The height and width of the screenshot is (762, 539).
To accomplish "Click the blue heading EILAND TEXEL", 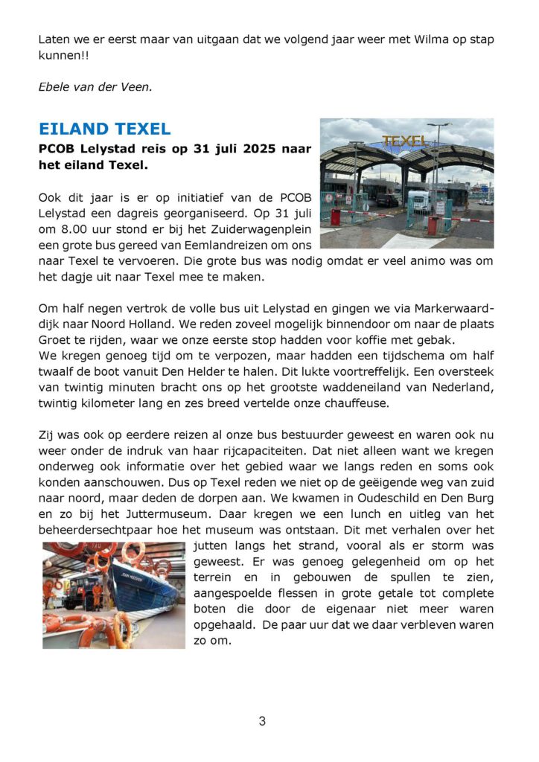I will [105, 129].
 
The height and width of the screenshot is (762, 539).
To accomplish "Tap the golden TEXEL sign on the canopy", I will [406, 141].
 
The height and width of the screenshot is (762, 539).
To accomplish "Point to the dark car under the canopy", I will [386, 200].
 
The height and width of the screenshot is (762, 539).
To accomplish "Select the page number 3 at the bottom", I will [262, 720].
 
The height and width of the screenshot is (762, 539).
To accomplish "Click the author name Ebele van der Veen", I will [95, 86].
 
